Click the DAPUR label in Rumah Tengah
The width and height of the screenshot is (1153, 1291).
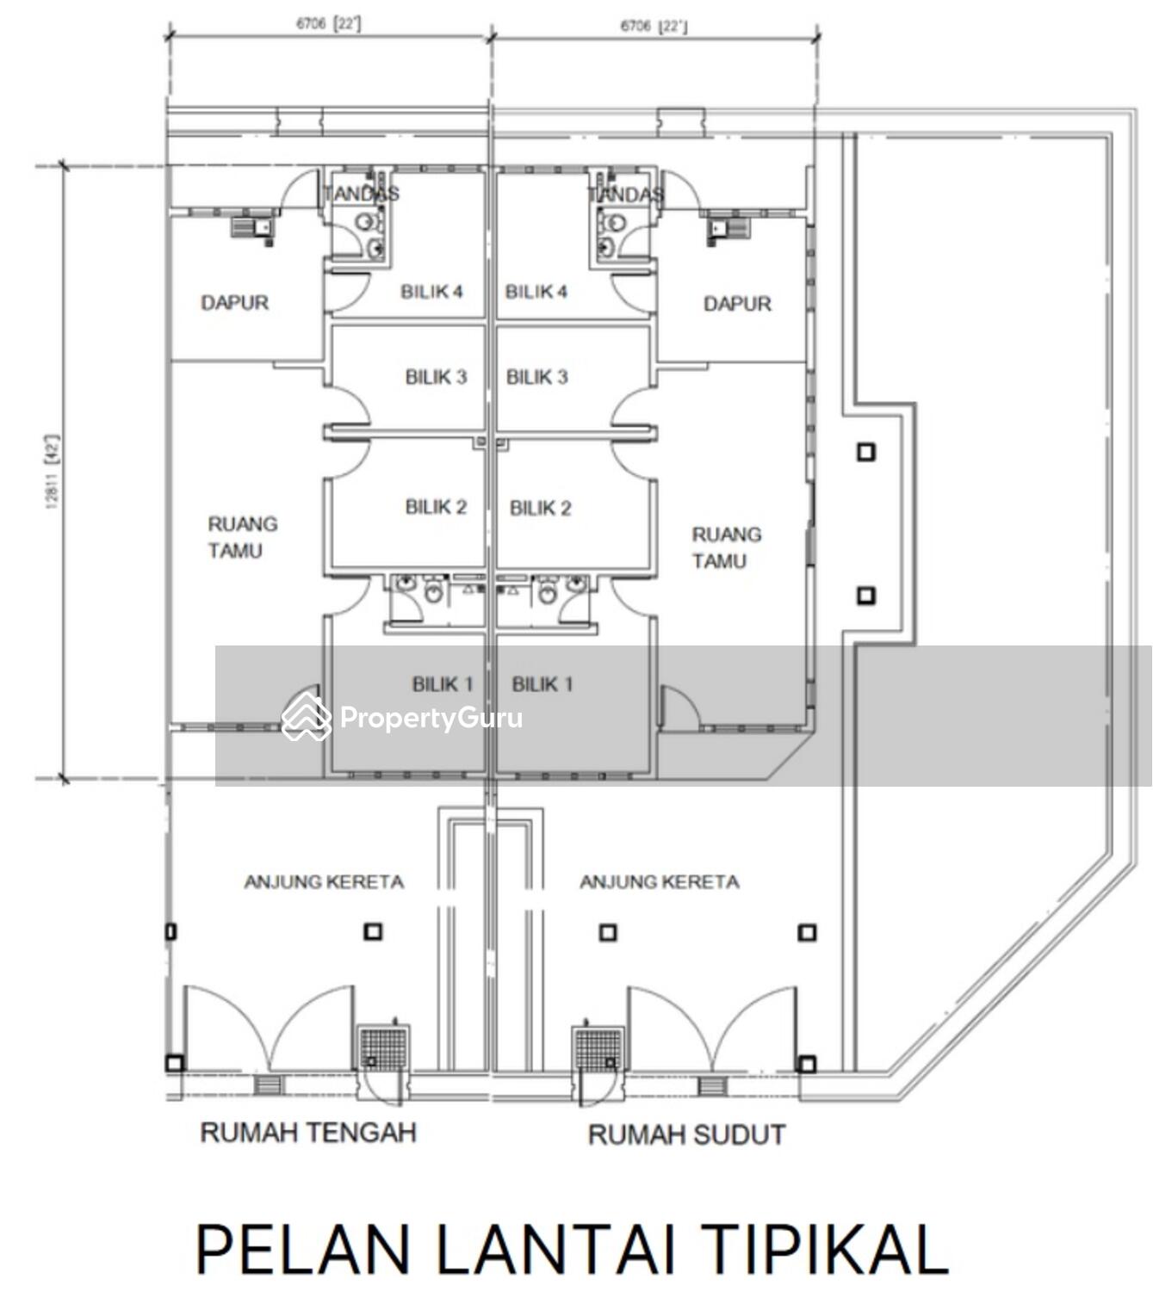234,303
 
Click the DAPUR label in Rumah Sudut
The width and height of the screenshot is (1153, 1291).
737,304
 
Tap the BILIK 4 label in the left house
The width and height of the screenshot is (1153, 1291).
431,292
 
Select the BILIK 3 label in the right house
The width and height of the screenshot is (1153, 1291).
536,377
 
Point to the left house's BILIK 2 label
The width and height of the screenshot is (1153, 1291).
436,507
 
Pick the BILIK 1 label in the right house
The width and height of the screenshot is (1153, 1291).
542,684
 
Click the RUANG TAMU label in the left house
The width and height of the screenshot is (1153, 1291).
242,537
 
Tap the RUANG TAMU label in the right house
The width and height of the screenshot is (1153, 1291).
726,547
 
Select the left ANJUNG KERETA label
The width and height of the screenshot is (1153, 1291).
324,882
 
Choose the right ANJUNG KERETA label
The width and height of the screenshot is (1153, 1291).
659,882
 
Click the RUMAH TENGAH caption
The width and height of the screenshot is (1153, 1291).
308,1132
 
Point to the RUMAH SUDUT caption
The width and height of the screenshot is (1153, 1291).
686,1135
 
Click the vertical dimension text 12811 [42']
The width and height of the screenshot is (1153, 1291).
53,472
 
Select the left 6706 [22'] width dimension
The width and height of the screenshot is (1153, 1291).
328,24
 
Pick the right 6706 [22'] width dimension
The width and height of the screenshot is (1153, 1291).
654,26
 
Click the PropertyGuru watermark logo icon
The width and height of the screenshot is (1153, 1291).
306,717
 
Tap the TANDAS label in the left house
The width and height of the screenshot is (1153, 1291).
361,194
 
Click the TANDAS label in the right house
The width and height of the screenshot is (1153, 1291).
626,195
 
